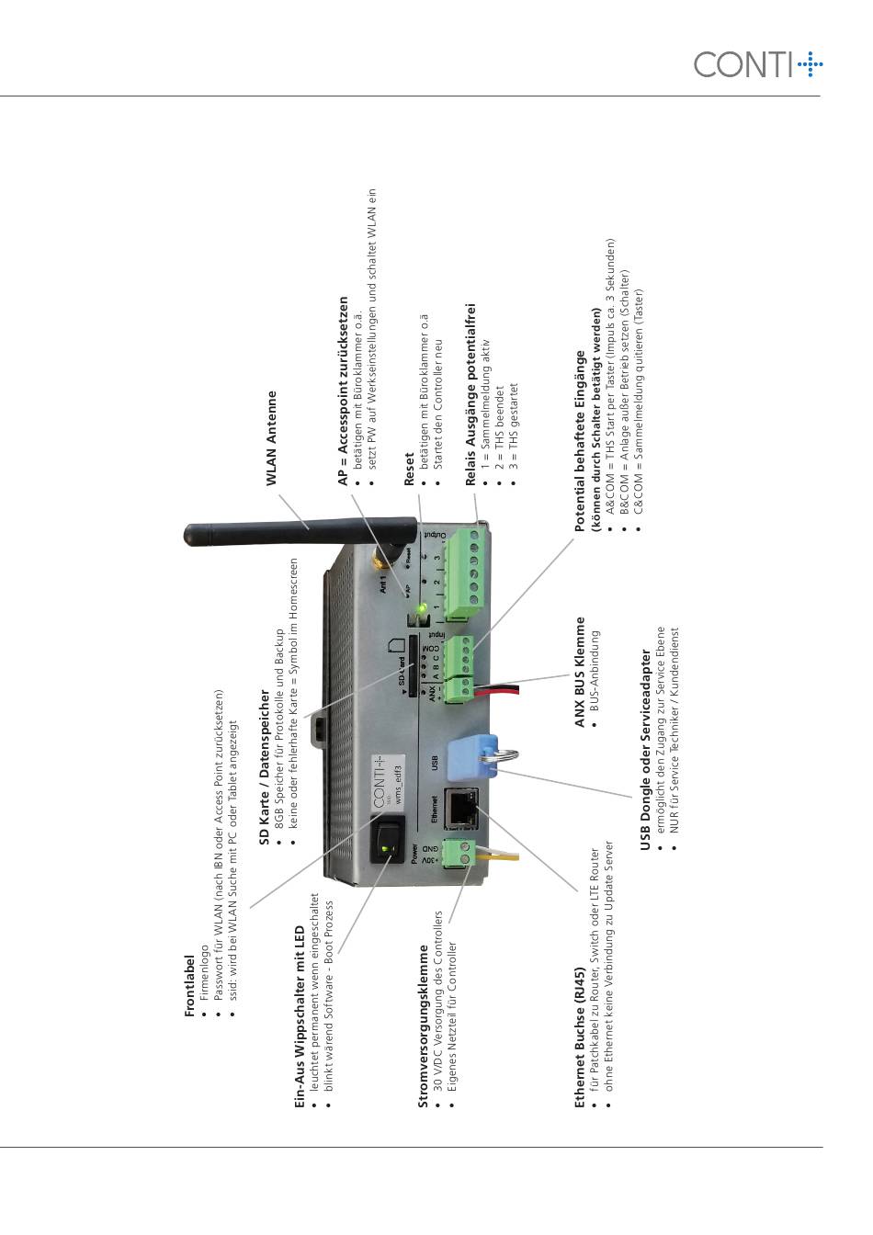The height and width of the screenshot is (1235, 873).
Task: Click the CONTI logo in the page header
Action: click(x=757, y=64)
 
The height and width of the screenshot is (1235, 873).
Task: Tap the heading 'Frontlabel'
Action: click(x=190, y=985)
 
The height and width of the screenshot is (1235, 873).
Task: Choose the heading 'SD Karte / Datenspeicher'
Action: click(x=266, y=768)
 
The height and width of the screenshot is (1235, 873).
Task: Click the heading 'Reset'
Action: click(x=409, y=470)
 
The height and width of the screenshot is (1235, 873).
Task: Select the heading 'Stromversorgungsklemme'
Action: click(x=424, y=1026)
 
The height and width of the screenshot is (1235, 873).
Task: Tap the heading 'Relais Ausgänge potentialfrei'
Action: click(x=471, y=394)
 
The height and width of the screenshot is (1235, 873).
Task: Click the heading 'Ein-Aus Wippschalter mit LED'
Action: click(x=299, y=1018)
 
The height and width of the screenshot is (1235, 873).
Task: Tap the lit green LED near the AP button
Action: click(x=422, y=607)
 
